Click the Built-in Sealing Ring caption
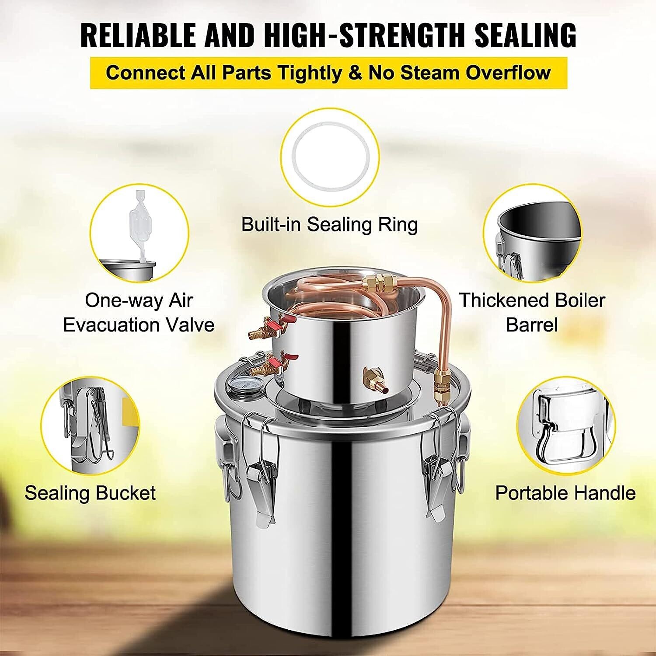(x=329, y=224)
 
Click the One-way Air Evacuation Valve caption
(x=139, y=313)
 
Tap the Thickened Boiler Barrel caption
(x=532, y=313)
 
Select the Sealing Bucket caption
(x=90, y=493)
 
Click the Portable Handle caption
(x=565, y=493)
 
